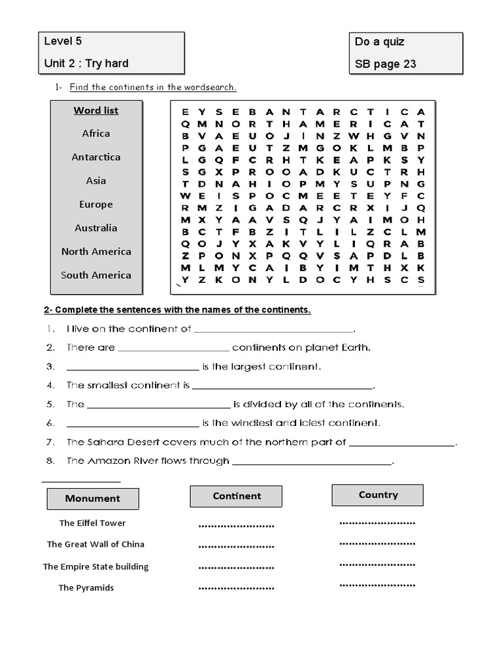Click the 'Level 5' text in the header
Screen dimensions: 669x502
pyautogui.click(x=63, y=41)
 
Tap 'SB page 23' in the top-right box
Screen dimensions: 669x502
pyautogui.click(x=385, y=64)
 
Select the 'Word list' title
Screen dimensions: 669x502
pyautogui.click(x=95, y=110)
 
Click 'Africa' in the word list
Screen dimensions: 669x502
pyautogui.click(x=96, y=133)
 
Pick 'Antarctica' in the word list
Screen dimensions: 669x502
pyautogui.click(x=96, y=157)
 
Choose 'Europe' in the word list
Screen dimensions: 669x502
pyautogui.click(x=96, y=204)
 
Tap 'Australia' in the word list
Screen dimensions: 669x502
pyautogui.click(x=96, y=228)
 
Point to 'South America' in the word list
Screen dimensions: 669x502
pyautogui.click(x=96, y=275)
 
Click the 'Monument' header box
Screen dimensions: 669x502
pyautogui.click(x=93, y=498)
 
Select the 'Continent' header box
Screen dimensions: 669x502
pyautogui.click(x=237, y=497)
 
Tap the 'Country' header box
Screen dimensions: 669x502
pyautogui.click(x=378, y=495)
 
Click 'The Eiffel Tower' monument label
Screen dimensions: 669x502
pyautogui.click(x=92, y=523)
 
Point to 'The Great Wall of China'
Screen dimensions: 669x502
pyautogui.click(x=95, y=544)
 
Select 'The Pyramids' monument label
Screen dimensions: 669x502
pyautogui.click(x=86, y=588)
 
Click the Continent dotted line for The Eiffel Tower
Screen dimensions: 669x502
pyautogui.click(x=236, y=525)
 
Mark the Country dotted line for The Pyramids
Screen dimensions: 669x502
pyautogui.click(x=377, y=585)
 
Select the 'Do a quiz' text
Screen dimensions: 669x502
pyautogui.click(x=379, y=42)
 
